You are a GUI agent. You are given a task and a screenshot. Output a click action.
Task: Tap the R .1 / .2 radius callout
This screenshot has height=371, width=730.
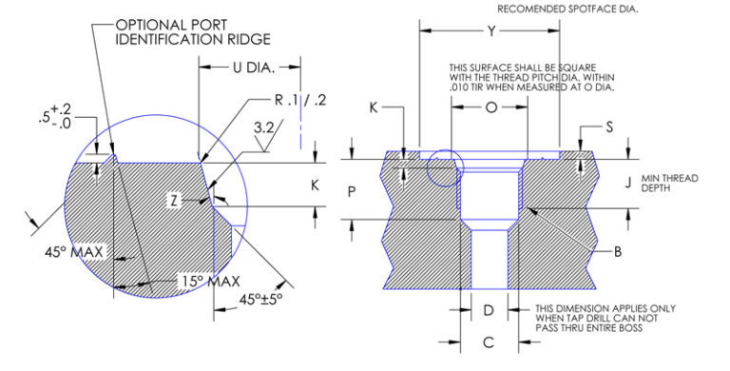[300, 99]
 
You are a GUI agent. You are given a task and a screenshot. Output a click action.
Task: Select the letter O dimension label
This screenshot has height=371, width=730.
[490, 108]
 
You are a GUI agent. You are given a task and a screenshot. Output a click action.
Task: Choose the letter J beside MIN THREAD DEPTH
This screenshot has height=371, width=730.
[628, 178]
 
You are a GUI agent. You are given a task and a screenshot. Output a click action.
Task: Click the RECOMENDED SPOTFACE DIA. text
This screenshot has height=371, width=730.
[567, 9]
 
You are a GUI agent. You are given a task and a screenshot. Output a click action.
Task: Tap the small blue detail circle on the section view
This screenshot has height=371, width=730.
[444, 170]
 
